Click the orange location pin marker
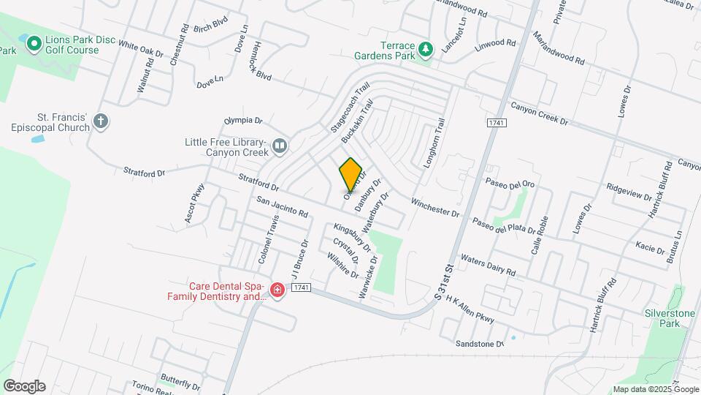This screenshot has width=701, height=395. pos(351,174)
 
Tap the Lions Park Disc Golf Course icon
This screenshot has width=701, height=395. pos(33,45)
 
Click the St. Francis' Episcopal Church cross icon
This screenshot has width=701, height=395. pos(101,121)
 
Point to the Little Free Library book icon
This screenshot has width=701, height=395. pos(279,147)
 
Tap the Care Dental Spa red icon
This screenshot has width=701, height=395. pos(277,291)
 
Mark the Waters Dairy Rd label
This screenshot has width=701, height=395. pos(489,265)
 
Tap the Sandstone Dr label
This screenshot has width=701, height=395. pos(480,343)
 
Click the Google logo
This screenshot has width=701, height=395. pos(24,386)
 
